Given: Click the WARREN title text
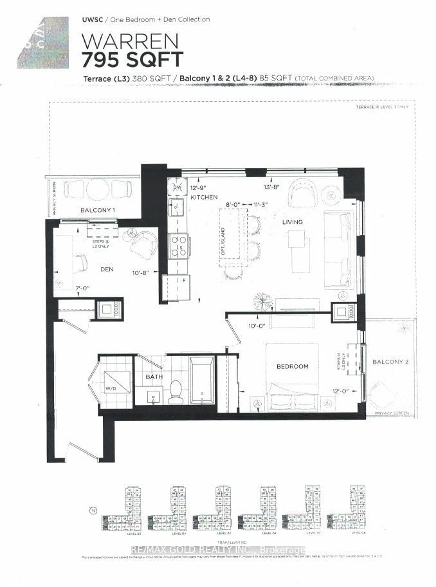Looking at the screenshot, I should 130,42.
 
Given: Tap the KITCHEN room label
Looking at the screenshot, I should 204,197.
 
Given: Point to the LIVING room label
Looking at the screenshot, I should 292,222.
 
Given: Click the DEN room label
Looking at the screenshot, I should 107,269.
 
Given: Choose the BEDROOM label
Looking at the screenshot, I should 292,366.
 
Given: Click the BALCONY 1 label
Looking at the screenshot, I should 97,210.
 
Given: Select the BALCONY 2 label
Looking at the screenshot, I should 390,362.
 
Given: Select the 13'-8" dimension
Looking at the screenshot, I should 272,187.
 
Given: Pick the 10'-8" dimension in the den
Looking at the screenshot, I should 141,273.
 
